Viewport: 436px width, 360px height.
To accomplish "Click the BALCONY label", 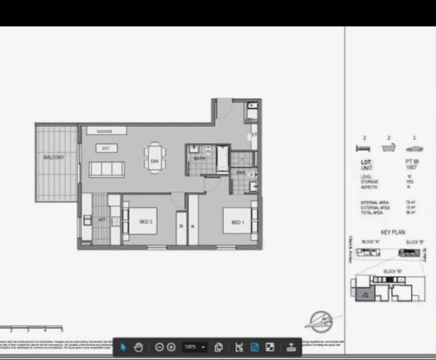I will [x=54, y=157].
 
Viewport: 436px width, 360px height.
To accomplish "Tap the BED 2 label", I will [x=146, y=222].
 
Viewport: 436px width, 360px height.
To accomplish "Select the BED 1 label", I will [x=238, y=223].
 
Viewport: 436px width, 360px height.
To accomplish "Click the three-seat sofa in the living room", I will [x=106, y=169].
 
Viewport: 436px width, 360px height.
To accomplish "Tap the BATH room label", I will [x=199, y=158].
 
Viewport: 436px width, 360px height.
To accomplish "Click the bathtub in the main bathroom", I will [x=223, y=158].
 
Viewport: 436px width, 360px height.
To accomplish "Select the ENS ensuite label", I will [x=241, y=172].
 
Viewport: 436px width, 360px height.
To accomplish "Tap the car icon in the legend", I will [x=414, y=148].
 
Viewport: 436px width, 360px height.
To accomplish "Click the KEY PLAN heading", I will [x=393, y=232].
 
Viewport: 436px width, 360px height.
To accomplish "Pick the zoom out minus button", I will [x=159, y=347].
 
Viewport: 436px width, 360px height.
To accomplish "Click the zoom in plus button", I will [x=171, y=347].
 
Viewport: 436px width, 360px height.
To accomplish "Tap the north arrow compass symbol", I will [x=321, y=321].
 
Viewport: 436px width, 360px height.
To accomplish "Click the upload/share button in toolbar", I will [x=291, y=347].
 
